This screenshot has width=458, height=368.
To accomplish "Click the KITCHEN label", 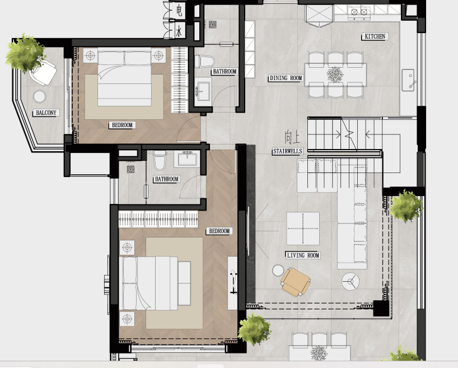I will point(375,37).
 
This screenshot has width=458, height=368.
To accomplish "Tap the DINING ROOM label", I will point(286,78).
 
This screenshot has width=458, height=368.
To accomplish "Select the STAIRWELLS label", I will point(288,151).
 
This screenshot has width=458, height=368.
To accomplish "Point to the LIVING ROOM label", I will point(302,255).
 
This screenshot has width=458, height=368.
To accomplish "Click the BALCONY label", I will point(45,113).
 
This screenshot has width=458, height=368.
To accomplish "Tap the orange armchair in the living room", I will point(295,281).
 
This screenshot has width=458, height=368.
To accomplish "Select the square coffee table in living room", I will point(303,228).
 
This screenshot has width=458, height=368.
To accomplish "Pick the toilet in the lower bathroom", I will point(160,162).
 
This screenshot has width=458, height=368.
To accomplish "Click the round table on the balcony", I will point(40,96).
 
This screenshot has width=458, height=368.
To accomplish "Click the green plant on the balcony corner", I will point(25,53).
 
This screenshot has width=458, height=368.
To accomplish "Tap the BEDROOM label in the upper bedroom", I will point(122,125).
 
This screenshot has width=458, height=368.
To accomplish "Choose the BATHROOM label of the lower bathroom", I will point(167,179).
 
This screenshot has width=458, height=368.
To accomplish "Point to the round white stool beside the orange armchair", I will point(277,271).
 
